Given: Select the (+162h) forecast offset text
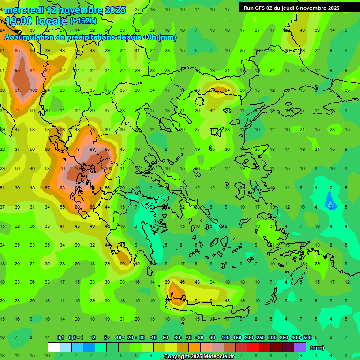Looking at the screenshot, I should tap(83, 21).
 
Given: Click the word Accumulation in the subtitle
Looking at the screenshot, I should tap(29, 37).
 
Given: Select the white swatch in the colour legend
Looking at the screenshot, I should tap(54, 347).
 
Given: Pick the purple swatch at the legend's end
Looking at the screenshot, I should tap(300, 347).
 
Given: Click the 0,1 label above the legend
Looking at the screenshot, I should tap(60, 337).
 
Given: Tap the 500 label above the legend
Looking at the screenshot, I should tap(307, 337).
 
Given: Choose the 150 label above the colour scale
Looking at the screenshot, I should tap(237, 337).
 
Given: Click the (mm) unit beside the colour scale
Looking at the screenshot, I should tap(317, 348).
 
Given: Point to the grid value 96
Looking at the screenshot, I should tap(17, 71).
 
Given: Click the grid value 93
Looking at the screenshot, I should tap(93, 149).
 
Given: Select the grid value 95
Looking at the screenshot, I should tap(108, 149).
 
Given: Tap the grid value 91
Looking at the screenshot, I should tap(17, 90).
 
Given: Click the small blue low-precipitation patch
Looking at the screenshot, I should tap(331, 202).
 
